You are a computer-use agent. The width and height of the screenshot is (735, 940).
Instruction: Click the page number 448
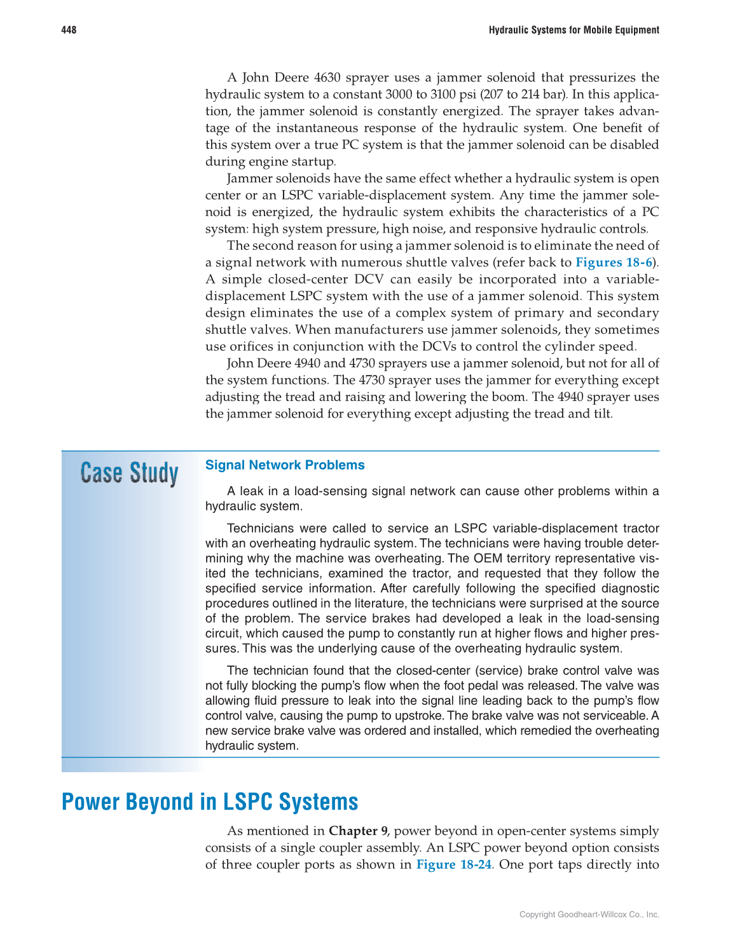(x=69, y=30)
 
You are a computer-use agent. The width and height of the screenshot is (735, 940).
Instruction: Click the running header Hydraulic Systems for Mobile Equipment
(x=574, y=30)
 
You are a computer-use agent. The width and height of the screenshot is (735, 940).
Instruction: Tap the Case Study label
(x=129, y=473)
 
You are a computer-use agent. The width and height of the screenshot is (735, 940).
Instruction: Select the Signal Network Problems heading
(x=285, y=465)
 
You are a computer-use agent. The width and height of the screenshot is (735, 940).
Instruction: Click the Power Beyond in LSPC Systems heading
(x=210, y=802)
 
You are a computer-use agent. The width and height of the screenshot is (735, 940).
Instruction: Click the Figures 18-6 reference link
(x=614, y=262)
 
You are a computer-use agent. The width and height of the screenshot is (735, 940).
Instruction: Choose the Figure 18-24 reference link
(x=454, y=864)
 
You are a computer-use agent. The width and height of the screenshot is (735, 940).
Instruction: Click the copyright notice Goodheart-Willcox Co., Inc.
(x=589, y=915)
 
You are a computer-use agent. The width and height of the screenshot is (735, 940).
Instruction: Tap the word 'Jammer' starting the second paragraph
(x=249, y=179)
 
